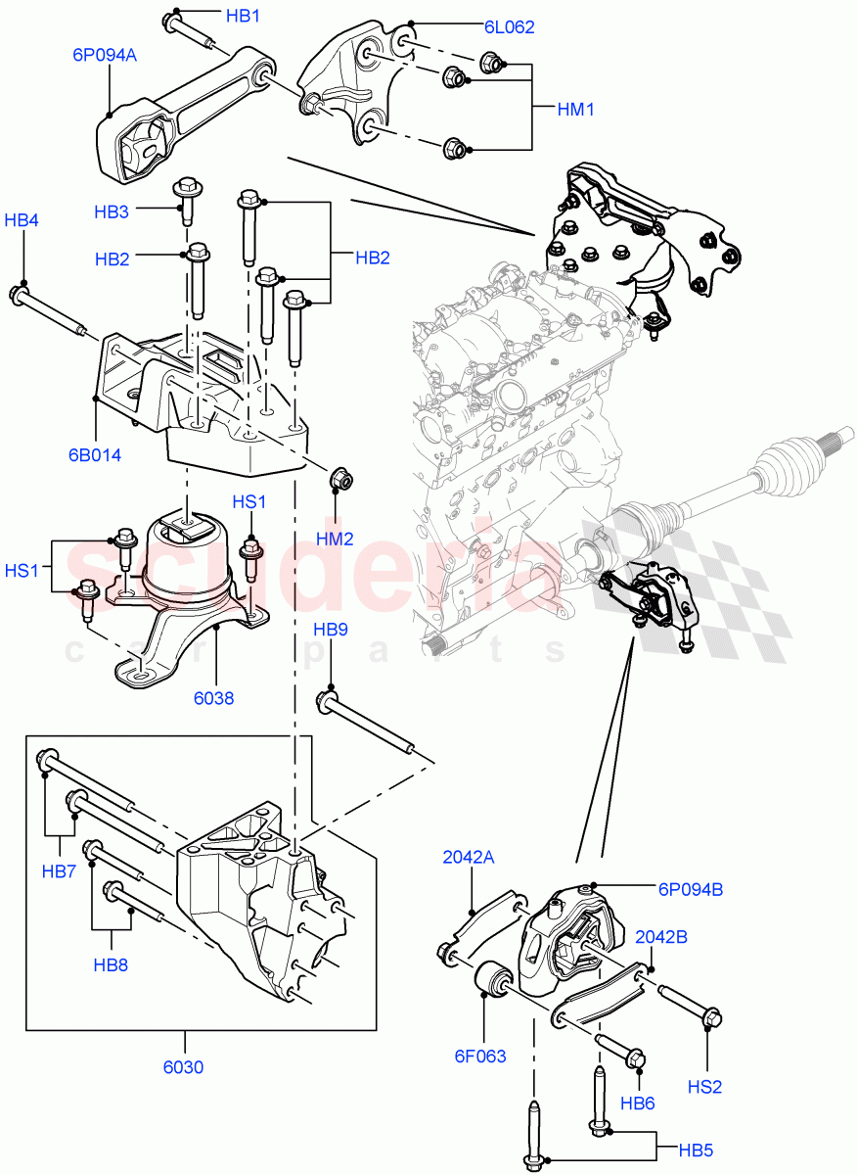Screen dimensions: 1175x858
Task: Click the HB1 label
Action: tap(243, 17)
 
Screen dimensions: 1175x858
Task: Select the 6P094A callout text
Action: tap(104, 56)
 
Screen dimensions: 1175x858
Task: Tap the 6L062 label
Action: tap(509, 27)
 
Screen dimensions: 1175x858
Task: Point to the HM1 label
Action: tap(576, 111)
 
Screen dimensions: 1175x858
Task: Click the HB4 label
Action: tap(22, 220)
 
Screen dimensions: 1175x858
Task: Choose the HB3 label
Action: tap(112, 211)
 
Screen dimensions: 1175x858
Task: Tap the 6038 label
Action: tap(213, 698)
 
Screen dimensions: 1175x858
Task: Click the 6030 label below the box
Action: tap(183, 1067)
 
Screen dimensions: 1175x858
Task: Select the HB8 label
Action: tap(112, 965)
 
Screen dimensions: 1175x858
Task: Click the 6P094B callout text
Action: tap(690, 889)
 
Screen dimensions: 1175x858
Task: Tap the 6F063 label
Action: tap(481, 1056)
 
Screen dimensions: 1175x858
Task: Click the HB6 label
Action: tap(638, 1103)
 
